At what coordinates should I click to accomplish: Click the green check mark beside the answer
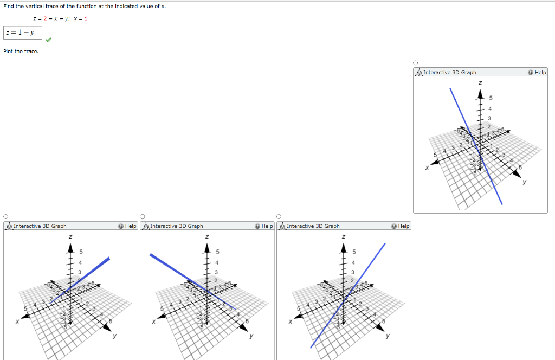point(48,39)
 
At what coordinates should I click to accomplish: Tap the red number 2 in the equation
point(44,18)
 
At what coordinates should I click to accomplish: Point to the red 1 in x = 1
point(86,18)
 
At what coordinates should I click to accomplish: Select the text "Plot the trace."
point(21,51)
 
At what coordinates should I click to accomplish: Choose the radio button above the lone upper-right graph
point(416,63)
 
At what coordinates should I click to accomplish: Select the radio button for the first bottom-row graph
point(6,216)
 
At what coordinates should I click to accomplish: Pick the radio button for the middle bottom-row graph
point(143,216)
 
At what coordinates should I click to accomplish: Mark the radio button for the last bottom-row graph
point(279,216)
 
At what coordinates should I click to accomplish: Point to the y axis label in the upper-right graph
point(524,182)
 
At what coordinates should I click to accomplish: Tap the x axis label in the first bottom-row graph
point(17,321)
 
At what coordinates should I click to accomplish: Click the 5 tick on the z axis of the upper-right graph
point(491,98)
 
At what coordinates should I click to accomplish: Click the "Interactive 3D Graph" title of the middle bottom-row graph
point(176,226)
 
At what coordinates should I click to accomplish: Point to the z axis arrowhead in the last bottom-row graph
point(343,248)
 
